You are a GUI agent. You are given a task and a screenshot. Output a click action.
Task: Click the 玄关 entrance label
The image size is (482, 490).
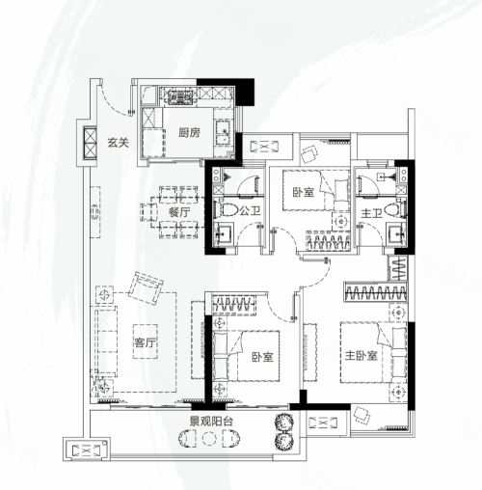118,142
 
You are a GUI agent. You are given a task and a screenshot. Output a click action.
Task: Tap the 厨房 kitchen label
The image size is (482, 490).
189,132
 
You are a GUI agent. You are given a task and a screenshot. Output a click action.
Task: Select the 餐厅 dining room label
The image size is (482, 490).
179,212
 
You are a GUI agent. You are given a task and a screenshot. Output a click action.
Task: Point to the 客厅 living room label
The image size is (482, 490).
145,342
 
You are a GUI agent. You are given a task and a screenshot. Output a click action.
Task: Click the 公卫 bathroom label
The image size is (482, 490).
250,211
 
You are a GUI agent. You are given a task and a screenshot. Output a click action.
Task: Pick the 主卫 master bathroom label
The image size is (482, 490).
371,213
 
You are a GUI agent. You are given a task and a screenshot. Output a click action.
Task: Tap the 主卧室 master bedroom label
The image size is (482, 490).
361,356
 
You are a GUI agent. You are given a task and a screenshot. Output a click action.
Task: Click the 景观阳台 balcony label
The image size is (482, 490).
211,422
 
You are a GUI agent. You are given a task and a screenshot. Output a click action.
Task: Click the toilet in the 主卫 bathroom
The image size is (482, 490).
395,209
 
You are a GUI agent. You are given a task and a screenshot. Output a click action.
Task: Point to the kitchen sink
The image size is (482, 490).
223,132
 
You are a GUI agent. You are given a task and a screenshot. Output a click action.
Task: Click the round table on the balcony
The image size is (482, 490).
209,438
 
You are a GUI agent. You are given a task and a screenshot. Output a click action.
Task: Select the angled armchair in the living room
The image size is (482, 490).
146,288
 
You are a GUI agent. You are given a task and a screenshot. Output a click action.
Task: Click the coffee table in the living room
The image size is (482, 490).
146,341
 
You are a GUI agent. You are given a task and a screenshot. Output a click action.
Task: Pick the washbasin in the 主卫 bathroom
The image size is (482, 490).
396,234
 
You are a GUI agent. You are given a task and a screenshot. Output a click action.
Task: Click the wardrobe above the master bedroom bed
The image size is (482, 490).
375,292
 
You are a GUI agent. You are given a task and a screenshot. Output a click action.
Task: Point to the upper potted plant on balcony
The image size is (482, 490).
283,422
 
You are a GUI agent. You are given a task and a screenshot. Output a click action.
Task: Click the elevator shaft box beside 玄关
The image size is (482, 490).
90,143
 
